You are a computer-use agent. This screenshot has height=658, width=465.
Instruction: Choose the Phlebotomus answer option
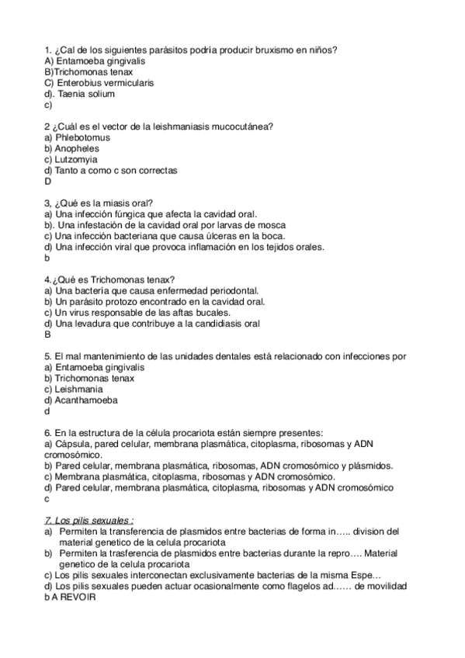pos(83,137)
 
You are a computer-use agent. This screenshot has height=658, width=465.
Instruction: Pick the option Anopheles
pos(77,148)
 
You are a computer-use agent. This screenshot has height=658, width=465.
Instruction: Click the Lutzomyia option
pos(78,159)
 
